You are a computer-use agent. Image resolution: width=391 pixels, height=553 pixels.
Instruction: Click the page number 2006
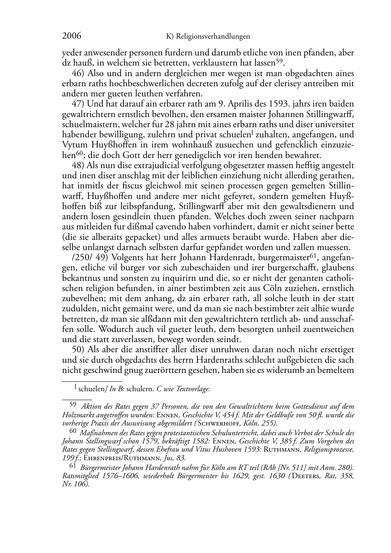click(x=72, y=37)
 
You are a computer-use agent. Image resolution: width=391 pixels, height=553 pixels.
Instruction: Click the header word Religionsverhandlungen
click(x=213, y=37)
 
